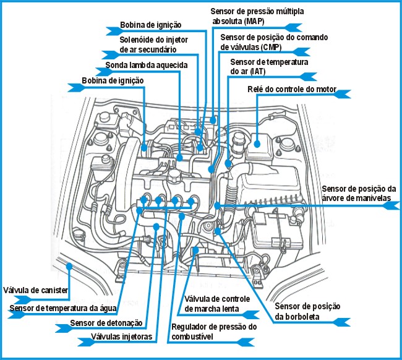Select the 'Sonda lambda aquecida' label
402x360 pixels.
point(146,65)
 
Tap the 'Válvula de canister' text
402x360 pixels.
point(35,289)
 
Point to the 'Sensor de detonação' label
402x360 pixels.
point(106,323)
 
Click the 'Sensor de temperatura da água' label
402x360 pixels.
point(63,308)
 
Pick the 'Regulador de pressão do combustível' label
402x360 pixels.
point(213,331)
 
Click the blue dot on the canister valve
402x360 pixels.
point(70,267)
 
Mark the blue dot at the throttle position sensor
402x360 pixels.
point(220,230)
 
